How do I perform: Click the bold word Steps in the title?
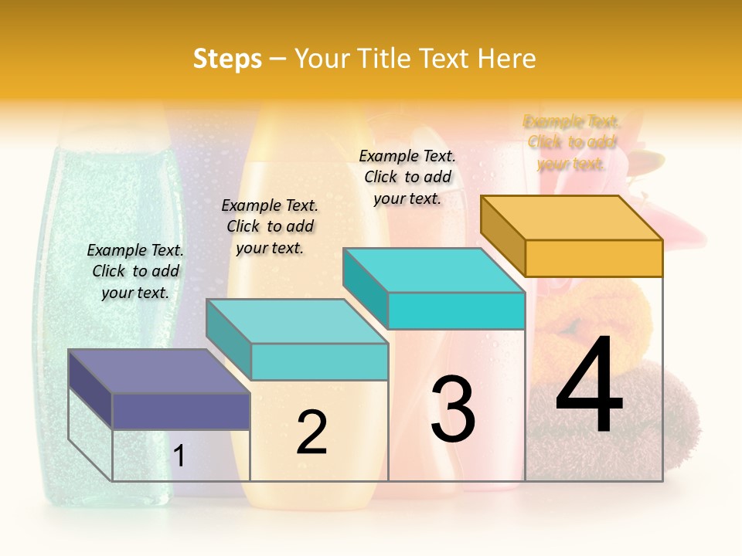227,59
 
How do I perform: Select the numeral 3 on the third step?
453,409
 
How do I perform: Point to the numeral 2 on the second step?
312,432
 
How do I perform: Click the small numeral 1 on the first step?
179,456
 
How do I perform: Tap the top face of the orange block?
572,218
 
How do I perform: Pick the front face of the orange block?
594,258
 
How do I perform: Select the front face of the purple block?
181,412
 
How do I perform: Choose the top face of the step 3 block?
434,270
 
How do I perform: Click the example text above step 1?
135,271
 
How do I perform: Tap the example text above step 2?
270,226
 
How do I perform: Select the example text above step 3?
407,177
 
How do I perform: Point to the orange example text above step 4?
572,142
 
